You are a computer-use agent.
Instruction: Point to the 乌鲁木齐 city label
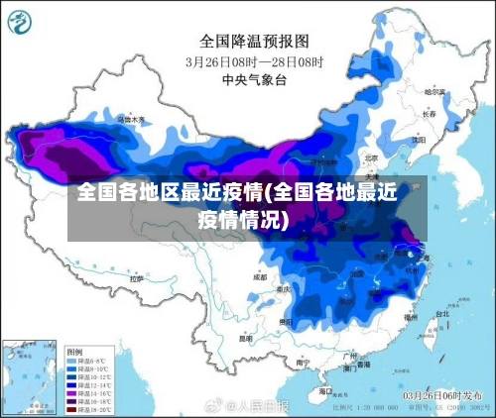(x=130, y=119)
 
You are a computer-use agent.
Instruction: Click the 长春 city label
(x=429, y=114)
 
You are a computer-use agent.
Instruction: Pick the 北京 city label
(x=371, y=157)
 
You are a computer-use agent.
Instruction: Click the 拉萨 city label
(x=136, y=280)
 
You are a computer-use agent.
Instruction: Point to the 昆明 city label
(x=248, y=337)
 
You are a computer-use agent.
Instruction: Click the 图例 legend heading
(x=75, y=352)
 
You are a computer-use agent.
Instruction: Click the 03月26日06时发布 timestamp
(x=445, y=396)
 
